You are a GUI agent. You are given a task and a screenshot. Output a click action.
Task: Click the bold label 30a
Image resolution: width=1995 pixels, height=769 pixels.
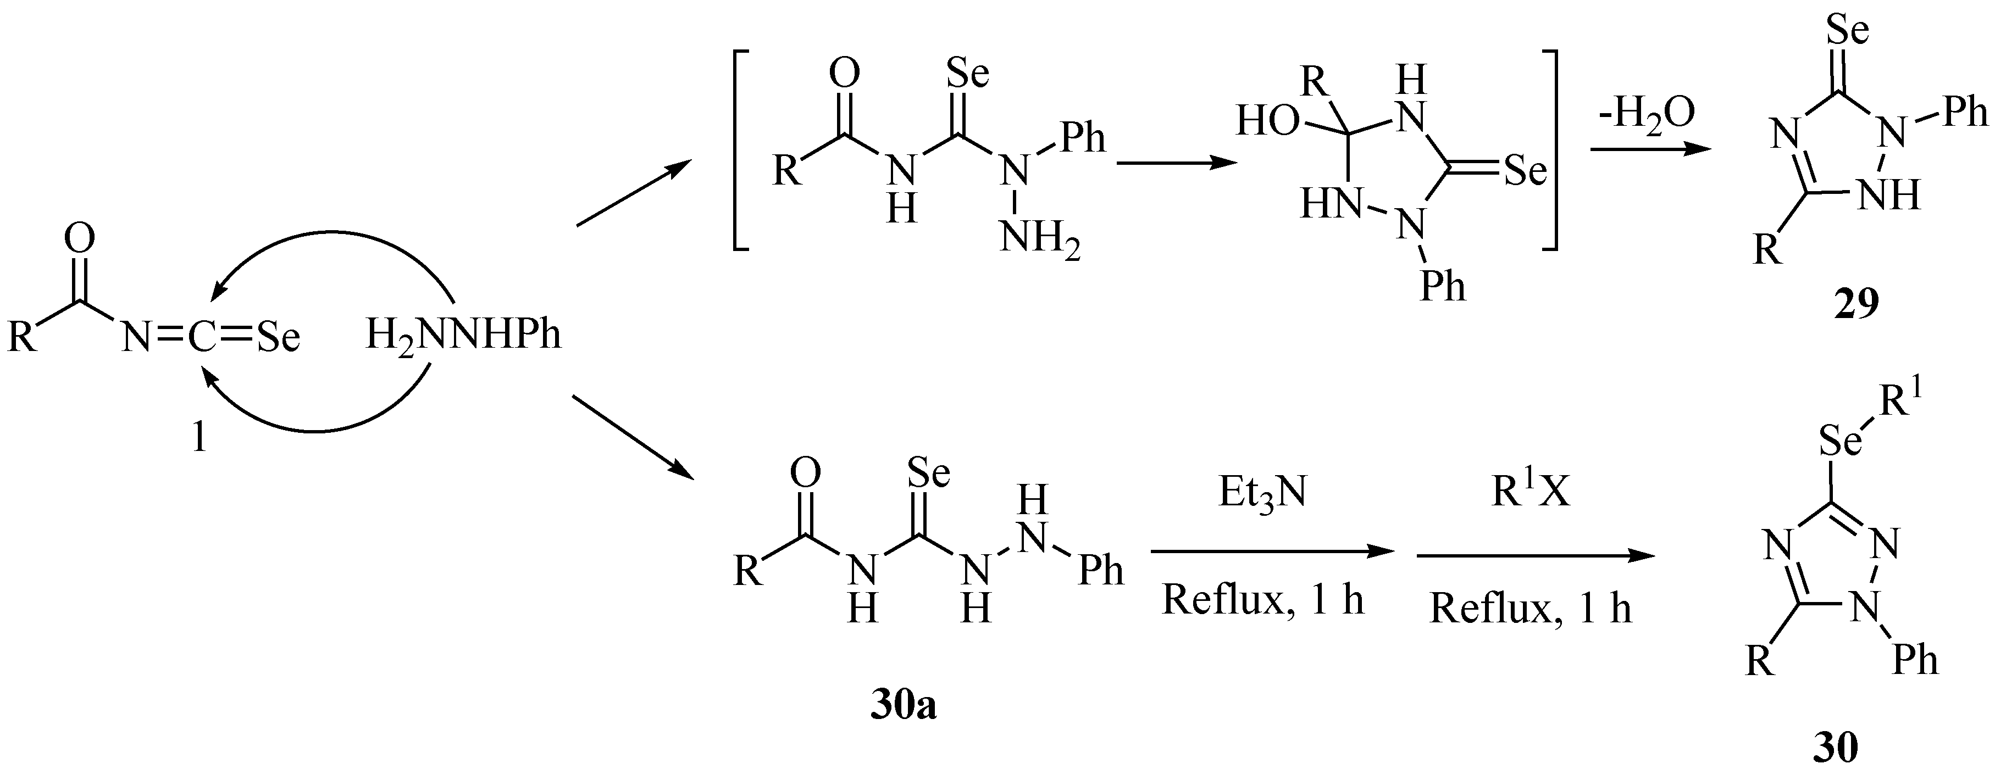point(903,706)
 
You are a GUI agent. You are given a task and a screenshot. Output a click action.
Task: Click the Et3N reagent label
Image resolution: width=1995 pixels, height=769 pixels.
point(1262,493)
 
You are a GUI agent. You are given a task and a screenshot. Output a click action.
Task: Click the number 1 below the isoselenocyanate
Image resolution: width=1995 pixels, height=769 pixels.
point(199,439)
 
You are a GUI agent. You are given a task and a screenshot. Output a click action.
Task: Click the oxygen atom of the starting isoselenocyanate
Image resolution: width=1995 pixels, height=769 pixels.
point(79,239)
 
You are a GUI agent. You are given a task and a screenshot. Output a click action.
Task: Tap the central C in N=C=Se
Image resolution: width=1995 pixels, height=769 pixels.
point(201,338)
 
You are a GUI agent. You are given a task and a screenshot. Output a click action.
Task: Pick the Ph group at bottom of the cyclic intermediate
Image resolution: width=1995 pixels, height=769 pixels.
point(1443,287)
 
